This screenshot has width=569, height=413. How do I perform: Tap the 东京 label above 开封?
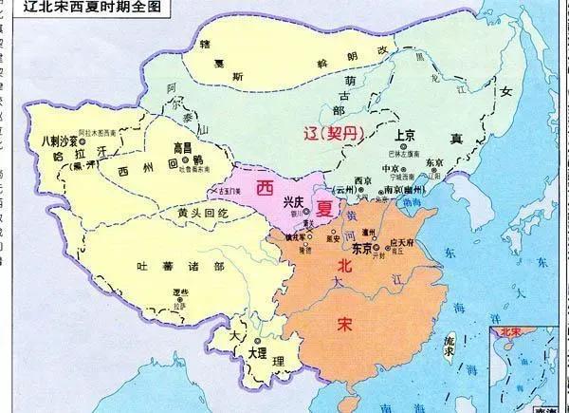tap(361, 249)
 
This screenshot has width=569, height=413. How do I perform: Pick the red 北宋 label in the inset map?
tap(509, 333)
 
